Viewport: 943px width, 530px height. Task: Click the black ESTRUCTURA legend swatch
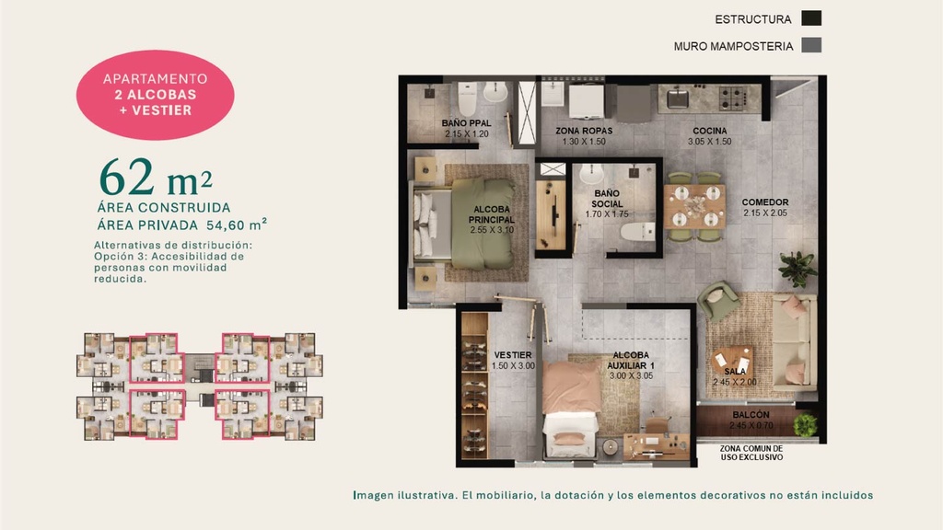[811, 18]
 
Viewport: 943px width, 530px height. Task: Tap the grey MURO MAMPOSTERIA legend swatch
[811, 45]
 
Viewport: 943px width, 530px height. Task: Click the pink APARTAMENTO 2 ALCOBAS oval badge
[155, 95]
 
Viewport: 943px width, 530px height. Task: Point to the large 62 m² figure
[156, 178]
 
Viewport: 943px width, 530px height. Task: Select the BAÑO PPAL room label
[466, 123]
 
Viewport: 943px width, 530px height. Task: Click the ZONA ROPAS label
[584, 131]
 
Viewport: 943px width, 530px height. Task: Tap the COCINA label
[710, 131]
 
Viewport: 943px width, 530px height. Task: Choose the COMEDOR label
[765, 202]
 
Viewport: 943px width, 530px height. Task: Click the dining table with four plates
[695, 207]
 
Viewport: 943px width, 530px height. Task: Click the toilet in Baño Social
[637, 231]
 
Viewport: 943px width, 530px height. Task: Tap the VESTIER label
[513, 355]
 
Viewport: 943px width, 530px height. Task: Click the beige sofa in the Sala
[794, 341]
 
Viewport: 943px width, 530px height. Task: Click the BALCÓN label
[751, 415]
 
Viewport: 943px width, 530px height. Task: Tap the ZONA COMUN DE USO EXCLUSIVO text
[751, 453]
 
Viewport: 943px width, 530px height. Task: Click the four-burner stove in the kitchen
[733, 98]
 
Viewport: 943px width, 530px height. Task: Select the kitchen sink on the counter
[678, 98]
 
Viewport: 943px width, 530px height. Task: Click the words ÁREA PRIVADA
[147, 225]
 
